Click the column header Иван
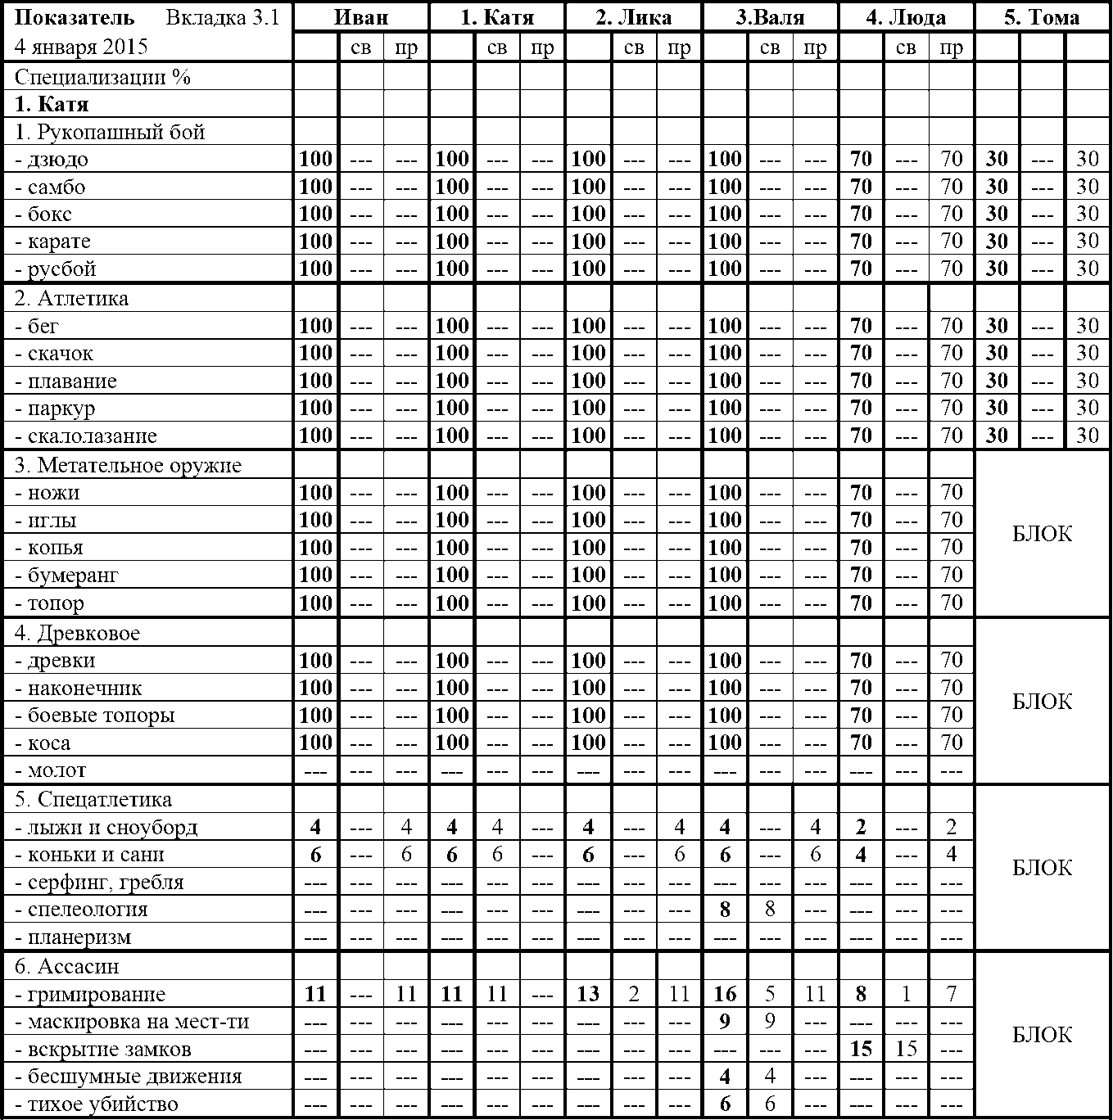click(x=361, y=17)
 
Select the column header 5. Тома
click(x=1042, y=17)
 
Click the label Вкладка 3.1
click(x=223, y=17)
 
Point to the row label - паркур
click(x=55, y=409)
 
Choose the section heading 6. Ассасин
click(x=67, y=967)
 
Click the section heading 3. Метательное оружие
click(x=128, y=466)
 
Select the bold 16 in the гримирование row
click(x=725, y=995)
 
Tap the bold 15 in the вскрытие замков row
click(x=861, y=1050)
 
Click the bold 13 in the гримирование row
click(x=588, y=995)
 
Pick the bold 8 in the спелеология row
click(x=725, y=910)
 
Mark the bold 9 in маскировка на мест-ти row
click(x=725, y=1022)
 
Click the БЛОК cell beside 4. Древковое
click(x=1042, y=702)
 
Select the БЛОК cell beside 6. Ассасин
click(x=1042, y=1035)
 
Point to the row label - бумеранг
click(x=67, y=576)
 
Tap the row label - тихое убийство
click(x=97, y=1104)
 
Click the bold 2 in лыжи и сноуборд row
click(x=861, y=828)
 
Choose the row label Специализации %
click(x=102, y=77)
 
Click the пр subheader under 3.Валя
click(x=815, y=48)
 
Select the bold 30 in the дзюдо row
click(x=997, y=160)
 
